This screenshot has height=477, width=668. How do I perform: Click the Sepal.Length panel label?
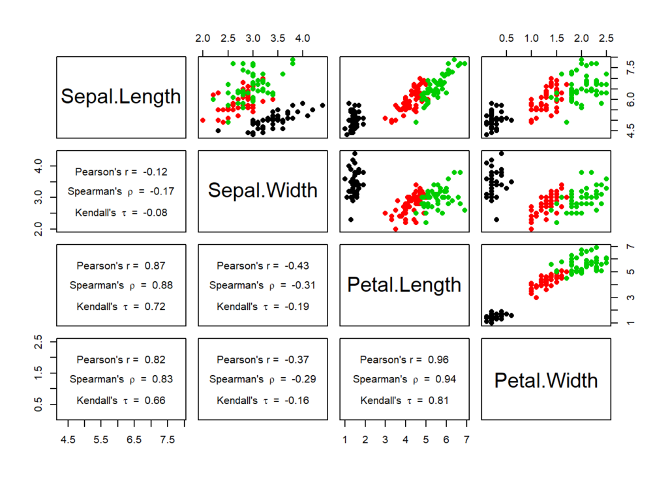tap(121, 97)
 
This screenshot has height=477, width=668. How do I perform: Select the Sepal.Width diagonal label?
tap(262, 190)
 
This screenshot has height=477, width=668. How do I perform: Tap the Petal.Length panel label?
tap(404, 285)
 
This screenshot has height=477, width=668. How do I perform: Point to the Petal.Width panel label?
tap(545, 380)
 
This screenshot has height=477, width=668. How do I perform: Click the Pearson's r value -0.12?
tap(155, 172)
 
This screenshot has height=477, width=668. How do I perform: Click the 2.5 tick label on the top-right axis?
tap(606, 39)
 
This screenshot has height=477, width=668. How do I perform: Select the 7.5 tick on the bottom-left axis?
tap(168, 440)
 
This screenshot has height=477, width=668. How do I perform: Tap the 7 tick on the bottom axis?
tap(466, 440)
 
